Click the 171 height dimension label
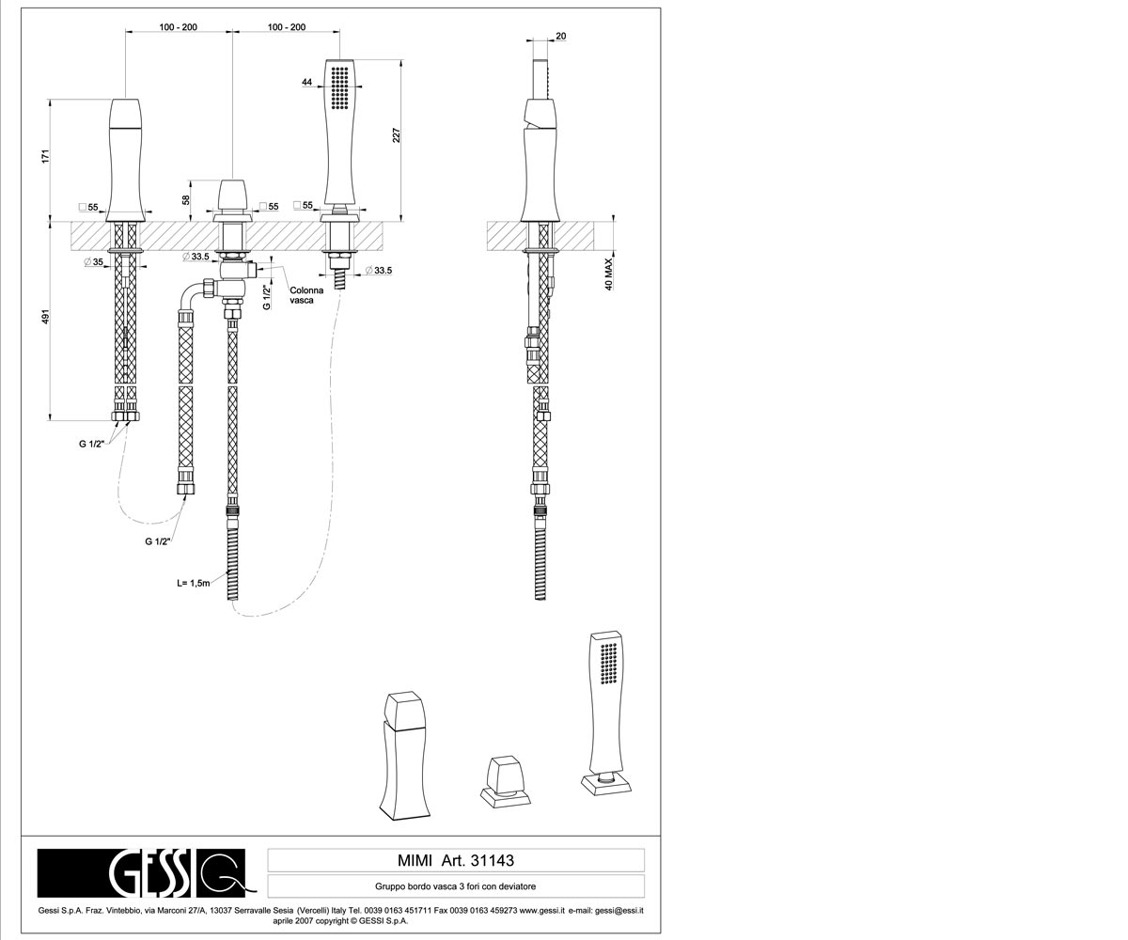click(46, 156)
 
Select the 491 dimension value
click(46, 317)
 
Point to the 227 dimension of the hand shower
click(397, 135)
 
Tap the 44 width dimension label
click(306, 82)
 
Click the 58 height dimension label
click(186, 200)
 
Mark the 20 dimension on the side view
click(561, 37)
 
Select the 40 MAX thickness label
click(609, 274)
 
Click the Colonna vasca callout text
click(306, 295)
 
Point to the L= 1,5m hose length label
click(194, 583)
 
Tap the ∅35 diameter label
click(93, 262)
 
